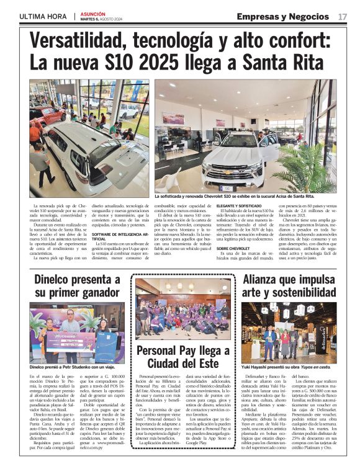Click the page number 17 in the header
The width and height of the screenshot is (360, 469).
[343, 16]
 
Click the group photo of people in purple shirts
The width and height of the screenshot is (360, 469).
[183, 308]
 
